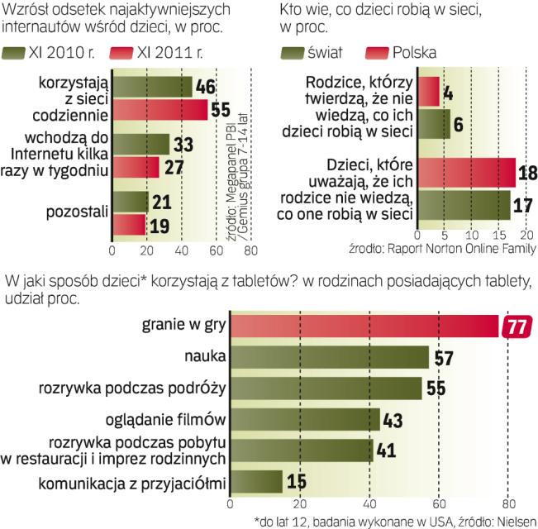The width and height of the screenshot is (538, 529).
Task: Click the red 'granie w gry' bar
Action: pos(364,326)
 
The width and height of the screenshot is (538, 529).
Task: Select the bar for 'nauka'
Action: pos(328,357)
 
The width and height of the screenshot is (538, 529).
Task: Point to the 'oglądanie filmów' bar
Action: pos(304,419)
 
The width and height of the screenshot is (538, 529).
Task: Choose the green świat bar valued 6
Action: pos(434,124)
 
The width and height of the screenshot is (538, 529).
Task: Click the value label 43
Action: pos(395,420)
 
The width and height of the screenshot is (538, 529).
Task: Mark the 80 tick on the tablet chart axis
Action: pos(508,502)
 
